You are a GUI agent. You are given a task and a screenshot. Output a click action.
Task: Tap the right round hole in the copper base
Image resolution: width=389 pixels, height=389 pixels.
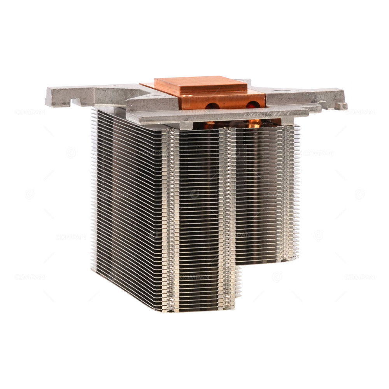coord(253,104)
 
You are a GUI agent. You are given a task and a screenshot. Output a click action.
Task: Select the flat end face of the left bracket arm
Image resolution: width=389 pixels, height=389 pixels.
coord(49,97)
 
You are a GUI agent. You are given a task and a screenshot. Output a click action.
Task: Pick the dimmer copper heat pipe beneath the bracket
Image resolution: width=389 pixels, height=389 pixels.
coord(209,124)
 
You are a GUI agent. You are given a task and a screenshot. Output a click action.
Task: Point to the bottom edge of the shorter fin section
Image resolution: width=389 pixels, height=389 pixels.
coord(268,261)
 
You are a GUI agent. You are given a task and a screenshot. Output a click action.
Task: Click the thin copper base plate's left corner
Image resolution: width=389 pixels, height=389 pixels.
coord(142,84)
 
